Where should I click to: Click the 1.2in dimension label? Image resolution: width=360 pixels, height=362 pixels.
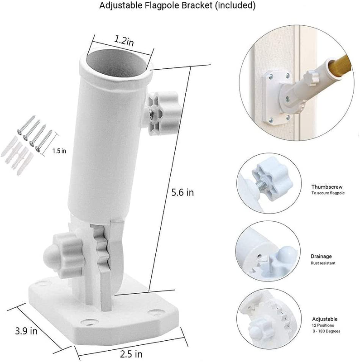pyautogui.click(x=124, y=41)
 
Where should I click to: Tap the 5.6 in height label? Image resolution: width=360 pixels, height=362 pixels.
pyautogui.click(x=182, y=192)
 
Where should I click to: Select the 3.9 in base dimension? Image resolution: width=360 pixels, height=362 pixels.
pyautogui.click(x=26, y=331)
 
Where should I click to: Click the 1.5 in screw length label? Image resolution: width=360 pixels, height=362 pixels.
pyautogui.click(x=59, y=151)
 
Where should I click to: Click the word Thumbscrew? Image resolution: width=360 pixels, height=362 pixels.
pyautogui.click(x=327, y=187)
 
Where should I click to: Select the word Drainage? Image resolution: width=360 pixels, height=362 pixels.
pyautogui.click(x=321, y=256)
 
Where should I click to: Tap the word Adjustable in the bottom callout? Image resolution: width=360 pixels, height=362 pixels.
pyautogui.click(x=325, y=319)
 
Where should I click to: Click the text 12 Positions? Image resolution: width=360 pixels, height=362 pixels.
pyautogui.click(x=323, y=325)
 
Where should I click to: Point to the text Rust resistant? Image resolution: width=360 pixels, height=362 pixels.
pyautogui.click(x=323, y=263)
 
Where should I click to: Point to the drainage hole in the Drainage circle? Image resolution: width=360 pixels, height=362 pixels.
pyautogui.click(x=259, y=256)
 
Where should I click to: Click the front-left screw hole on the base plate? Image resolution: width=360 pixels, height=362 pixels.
pyautogui.click(x=89, y=322)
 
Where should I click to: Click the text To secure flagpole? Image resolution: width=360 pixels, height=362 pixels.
pyautogui.click(x=328, y=193)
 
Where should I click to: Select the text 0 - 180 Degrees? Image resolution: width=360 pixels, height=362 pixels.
pyautogui.click(x=326, y=331)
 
